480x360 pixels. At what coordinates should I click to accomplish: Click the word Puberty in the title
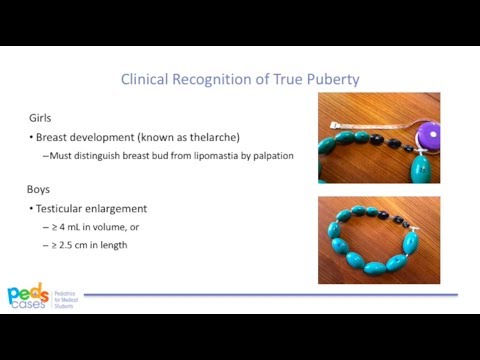tap(332, 78)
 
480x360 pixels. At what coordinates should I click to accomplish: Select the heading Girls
tap(40, 117)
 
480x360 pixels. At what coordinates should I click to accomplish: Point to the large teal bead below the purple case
tap(417, 171)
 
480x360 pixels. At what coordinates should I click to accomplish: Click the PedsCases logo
tap(28, 294)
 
